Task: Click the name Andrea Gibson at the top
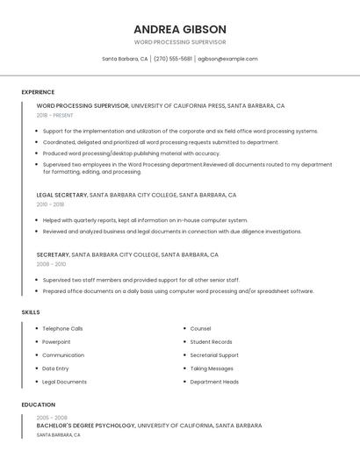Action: tap(180, 29)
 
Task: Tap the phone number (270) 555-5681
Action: tap(173, 59)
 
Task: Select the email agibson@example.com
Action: tap(227, 59)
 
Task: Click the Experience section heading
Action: tap(38, 92)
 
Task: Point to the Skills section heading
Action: tap(31, 312)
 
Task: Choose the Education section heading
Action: tap(37, 404)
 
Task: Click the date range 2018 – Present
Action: tap(54, 115)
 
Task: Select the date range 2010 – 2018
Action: tap(50, 204)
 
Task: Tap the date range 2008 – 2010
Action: tap(51, 263)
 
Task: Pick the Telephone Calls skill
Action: tap(62, 329)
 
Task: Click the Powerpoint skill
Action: tap(56, 342)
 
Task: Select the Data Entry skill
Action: tap(55, 368)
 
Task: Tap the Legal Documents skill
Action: tap(64, 382)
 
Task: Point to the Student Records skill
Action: tap(211, 342)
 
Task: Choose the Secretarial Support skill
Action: tap(214, 355)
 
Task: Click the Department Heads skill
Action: tap(214, 382)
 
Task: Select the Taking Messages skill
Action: tap(212, 368)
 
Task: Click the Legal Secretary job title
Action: tap(61, 195)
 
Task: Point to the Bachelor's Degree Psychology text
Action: tap(86, 426)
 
